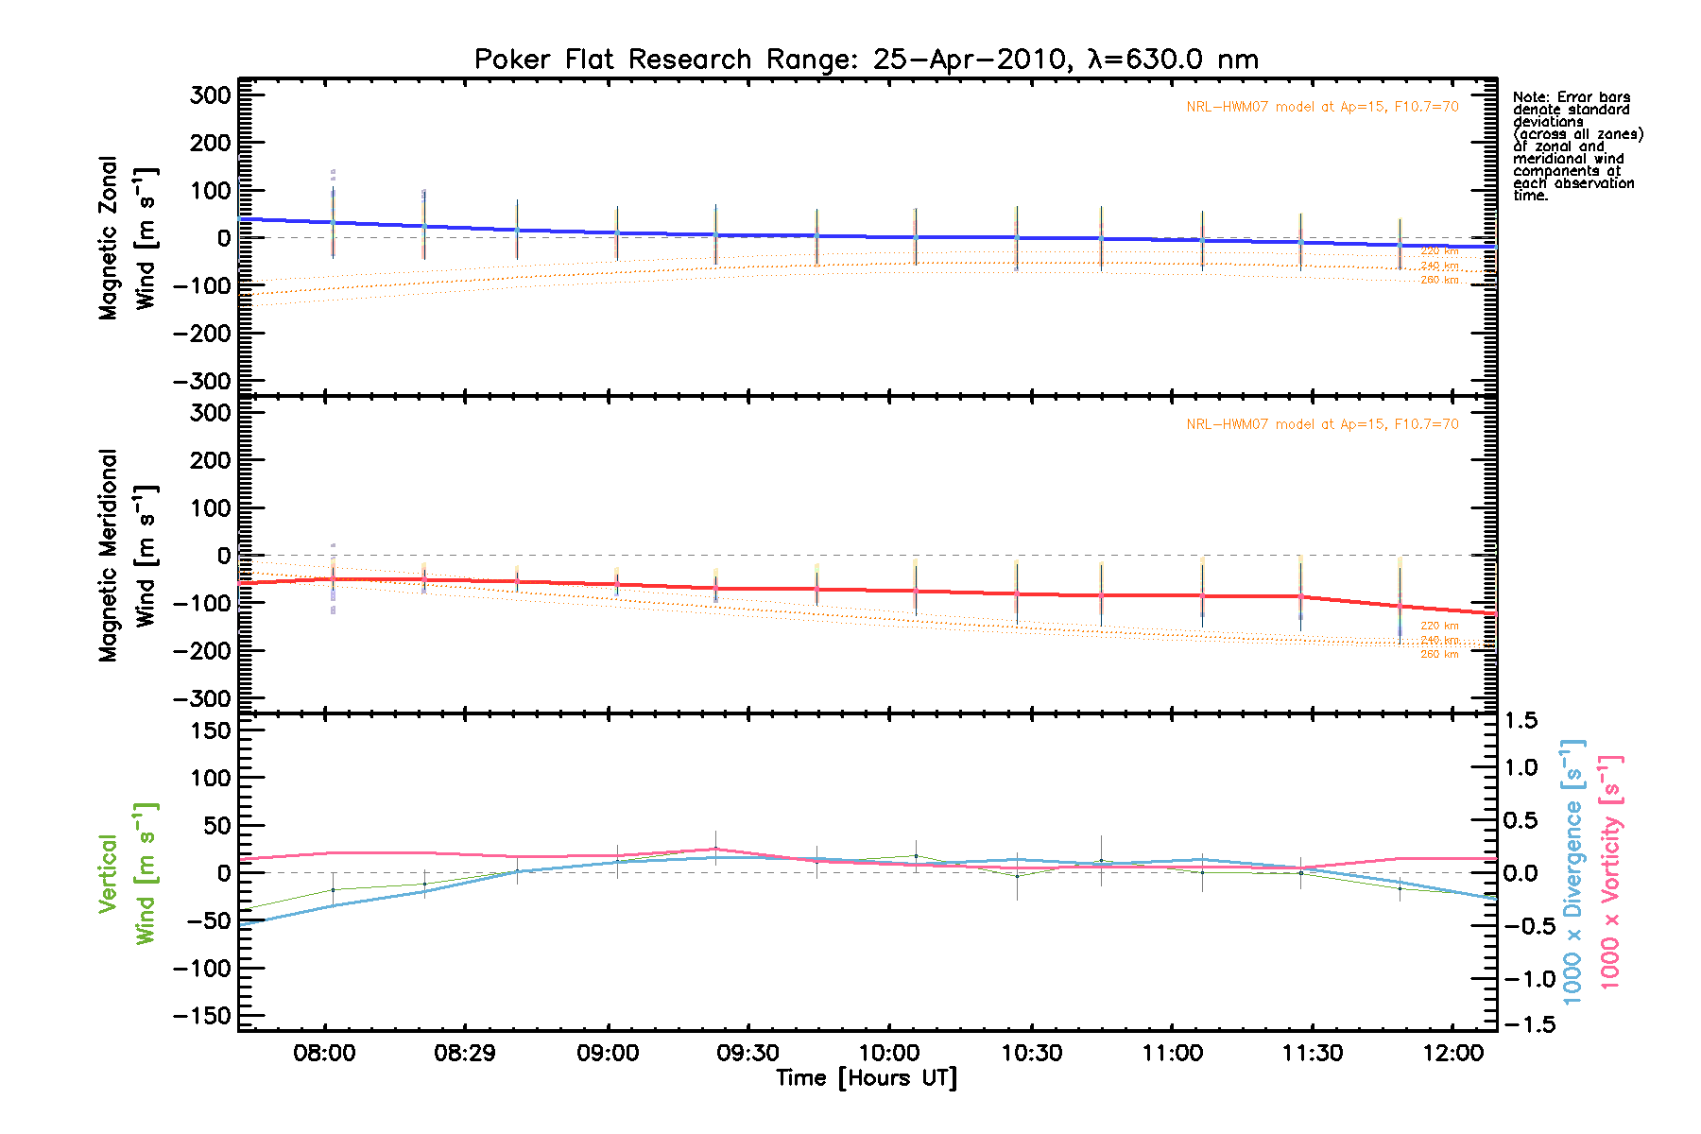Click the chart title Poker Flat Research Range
[x=866, y=60]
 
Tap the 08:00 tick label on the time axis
[x=324, y=1053]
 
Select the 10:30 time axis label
[x=1031, y=1053]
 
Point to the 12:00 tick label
[x=1453, y=1053]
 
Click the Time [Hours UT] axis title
[x=866, y=1078]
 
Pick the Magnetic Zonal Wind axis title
[x=127, y=238]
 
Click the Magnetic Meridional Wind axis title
[x=127, y=556]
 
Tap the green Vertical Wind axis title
[x=127, y=874]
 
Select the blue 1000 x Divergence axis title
[x=1572, y=872]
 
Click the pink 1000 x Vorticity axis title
[x=1610, y=872]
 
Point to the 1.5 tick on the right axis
[x=1521, y=721]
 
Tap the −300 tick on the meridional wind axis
[x=202, y=698]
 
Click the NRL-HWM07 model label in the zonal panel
[x=1322, y=107]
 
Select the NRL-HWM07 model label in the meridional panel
[x=1322, y=424]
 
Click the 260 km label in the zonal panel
[x=1439, y=280]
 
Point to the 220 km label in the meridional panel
[x=1439, y=626]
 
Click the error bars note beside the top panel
[x=1576, y=146]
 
